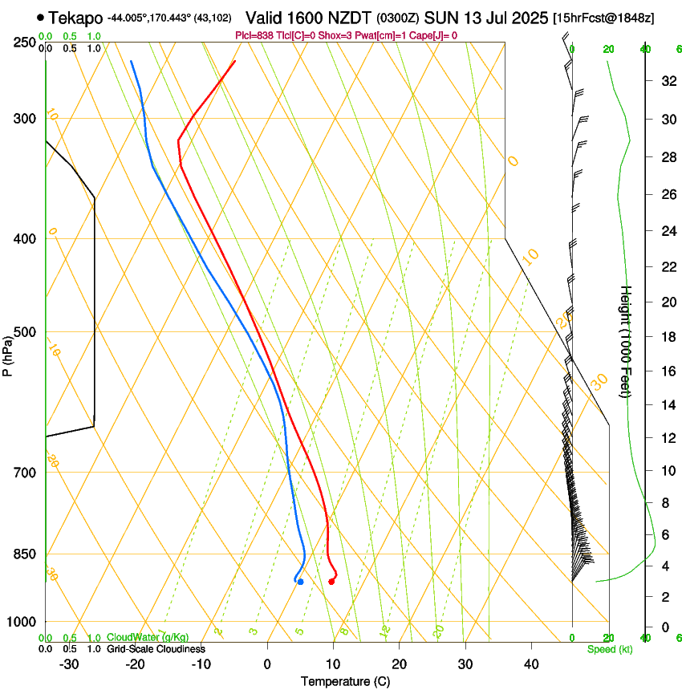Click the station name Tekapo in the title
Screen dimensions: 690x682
click(x=75, y=17)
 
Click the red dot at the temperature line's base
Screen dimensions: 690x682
click(x=331, y=582)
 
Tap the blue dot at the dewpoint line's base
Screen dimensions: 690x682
click(x=300, y=582)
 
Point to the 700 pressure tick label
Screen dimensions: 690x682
click(x=25, y=473)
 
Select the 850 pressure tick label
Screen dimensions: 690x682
click(x=25, y=554)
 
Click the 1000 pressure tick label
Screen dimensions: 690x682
click(x=22, y=622)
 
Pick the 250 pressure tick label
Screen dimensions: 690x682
click(x=25, y=43)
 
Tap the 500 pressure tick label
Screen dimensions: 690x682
click(x=25, y=332)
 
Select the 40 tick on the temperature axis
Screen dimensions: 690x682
click(x=531, y=664)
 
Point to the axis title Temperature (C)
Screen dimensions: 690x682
click(x=345, y=681)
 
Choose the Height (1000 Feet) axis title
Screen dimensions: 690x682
click(x=627, y=341)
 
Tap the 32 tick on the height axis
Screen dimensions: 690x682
click(x=667, y=81)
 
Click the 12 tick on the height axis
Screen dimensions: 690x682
click(x=667, y=437)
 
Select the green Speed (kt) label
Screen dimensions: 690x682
click(x=609, y=649)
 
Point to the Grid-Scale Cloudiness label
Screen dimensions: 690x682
click(x=156, y=648)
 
